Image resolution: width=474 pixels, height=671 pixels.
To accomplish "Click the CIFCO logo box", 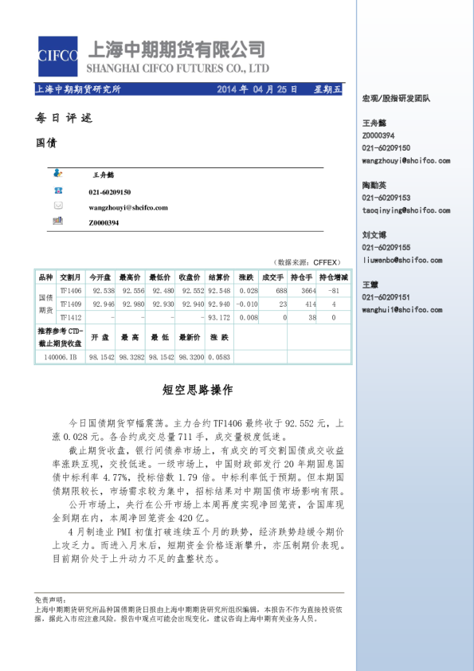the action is pyautogui.click(x=58, y=56).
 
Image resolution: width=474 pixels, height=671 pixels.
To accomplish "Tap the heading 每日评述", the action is pyautogui.click(x=65, y=118).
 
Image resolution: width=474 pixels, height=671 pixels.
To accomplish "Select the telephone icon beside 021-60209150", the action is pyautogui.click(x=57, y=190).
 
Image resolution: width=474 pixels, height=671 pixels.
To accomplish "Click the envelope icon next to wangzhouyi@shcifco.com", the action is pyautogui.click(x=57, y=206).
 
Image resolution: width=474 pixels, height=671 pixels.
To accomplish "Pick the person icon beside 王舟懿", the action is pyautogui.click(x=57, y=173).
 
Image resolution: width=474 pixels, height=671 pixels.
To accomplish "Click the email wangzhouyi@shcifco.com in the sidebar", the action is pyautogui.click(x=405, y=160).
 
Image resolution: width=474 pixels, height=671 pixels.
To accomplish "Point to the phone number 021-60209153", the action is pyautogui.click(x=386, y=198).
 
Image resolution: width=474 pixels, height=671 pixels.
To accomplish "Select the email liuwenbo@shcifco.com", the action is pyautogui.click(x=402, y=260).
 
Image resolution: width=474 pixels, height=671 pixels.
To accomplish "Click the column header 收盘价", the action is pyautogui.click(x=190, y=277).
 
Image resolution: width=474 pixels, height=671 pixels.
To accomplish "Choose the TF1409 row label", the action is pyautogui.click(x=70, y=304).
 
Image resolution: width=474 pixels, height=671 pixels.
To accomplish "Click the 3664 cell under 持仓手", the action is pyautogui.click(x=307, y=292).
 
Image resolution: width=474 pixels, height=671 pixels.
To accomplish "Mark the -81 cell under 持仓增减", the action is pyautogui.click(x=334, y=292).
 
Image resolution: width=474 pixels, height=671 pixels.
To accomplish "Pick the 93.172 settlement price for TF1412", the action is pyautogui.click(x=218, y=317).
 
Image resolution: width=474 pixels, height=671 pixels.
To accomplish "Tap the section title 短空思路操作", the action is pyautogui.click(x=198, y=390).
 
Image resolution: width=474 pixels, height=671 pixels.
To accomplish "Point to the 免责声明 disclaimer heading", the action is pyautogui.click(x=49, y=599).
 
